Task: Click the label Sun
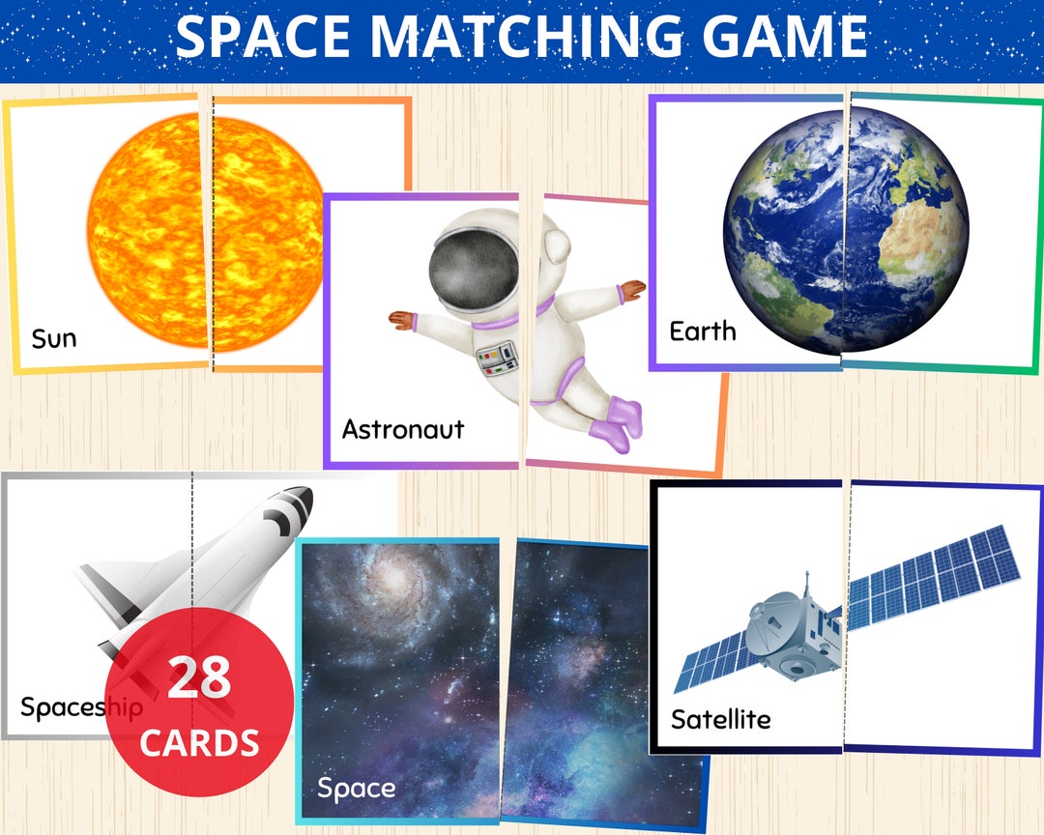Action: (53, 339)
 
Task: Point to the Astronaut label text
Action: (403, 429)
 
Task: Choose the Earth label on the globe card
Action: (703, 331)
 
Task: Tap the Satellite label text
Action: (720, 719)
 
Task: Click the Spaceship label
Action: (81, 707)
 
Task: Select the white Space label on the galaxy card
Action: (356, 789)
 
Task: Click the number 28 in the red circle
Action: (200, 678)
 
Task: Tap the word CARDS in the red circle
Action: (199, 742)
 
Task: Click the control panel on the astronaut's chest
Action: (495, 357)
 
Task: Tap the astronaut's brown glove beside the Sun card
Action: (403, 320)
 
